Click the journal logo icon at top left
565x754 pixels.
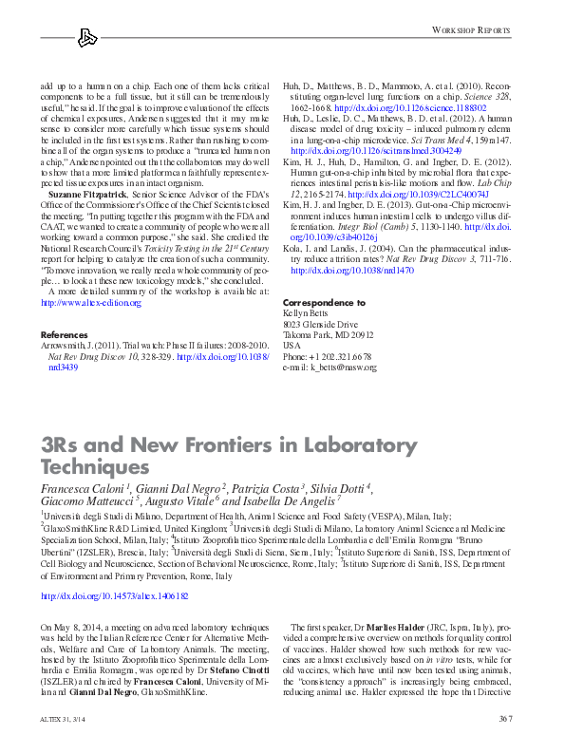coord(87,37)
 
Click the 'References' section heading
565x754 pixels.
coord(63,335)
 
